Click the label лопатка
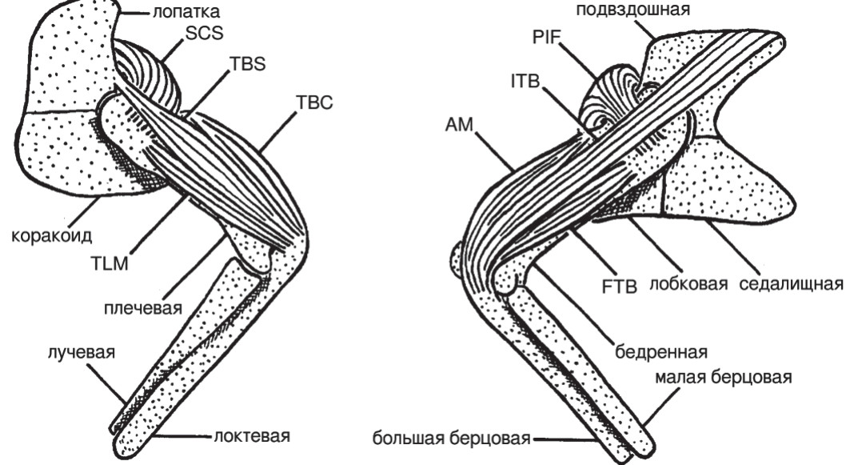click(x=182, y=12)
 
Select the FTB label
click(x=619, y=286)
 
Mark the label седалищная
click(x=792, y=286)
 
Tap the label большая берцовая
click(x=451, y=438)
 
